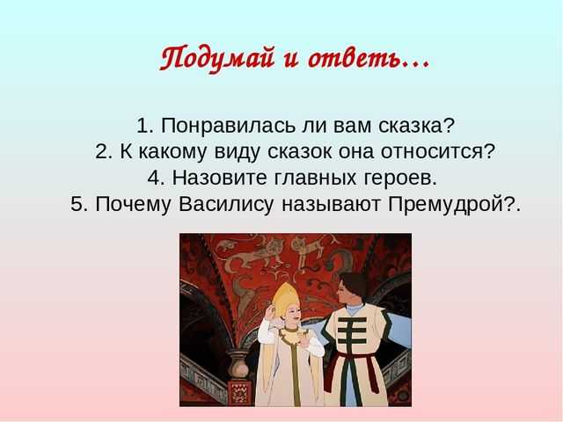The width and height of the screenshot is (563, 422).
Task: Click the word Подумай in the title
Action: pyautogui.click(x=217, y=59)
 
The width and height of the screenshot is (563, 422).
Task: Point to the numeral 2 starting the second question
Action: pyautogui.click(x=101, y=152)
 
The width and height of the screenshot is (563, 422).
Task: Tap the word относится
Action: pyautogui.click(x=438, y=152)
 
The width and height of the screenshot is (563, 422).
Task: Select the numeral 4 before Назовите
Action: pyautogui.click(x=153, y=178)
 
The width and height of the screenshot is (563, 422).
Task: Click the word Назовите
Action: pyautogui.click(x=219, y=178)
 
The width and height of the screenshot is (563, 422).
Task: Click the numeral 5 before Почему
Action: pyautogui.click(x=77, y=204)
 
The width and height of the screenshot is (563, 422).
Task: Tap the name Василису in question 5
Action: pyautogui.click(x=226, y=205)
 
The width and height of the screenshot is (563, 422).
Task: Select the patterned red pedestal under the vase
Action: pyautogui.click(x=238, y=391)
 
